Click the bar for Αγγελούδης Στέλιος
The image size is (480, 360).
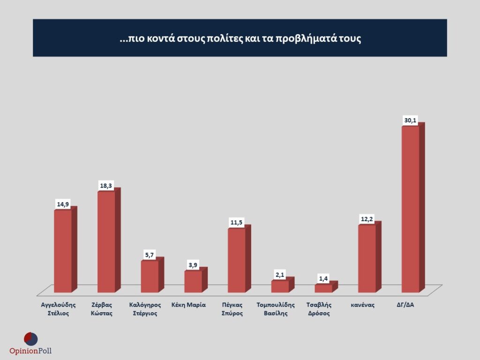tap(63, 251)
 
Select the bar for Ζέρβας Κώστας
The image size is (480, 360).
tap(106, 241)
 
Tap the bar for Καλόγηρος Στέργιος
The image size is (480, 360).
tap(150, 276)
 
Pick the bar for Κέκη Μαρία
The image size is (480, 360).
tap(193, 281)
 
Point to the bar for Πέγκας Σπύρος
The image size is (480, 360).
tap(236, 260)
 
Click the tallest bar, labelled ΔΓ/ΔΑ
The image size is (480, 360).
tap(410, 209)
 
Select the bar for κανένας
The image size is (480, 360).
tap(367, 258)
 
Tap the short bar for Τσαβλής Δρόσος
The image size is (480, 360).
tap(323, 288)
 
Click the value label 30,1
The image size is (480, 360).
tap(410, 120)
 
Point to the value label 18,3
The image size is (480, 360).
tap(106, 186)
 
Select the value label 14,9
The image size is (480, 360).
tap(63, 204)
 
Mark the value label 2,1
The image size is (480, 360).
tap(280, 275)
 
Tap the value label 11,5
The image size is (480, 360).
tap(237, 222)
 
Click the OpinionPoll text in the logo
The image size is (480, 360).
tap(30, 351)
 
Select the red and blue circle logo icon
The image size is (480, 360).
tap(30, 338)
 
